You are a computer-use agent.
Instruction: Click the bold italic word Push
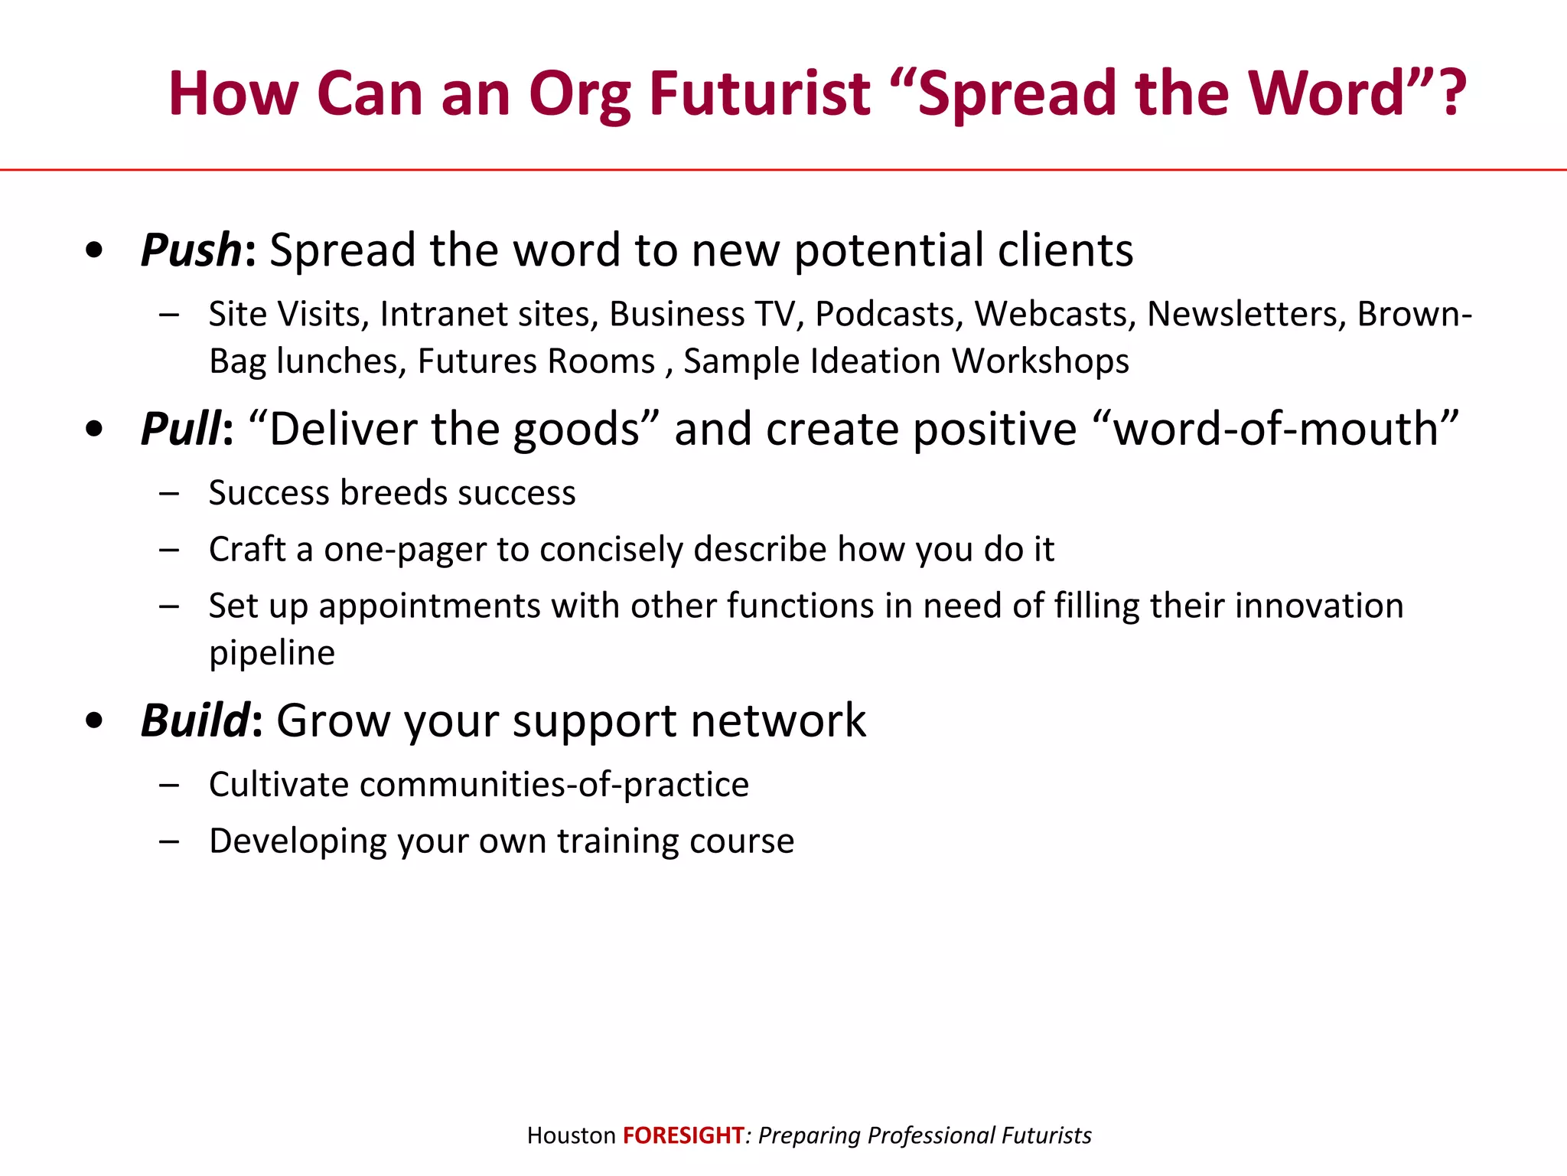pos(191,250)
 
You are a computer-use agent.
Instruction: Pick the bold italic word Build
pos(195,720)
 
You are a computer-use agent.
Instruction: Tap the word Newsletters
pos(1246,315)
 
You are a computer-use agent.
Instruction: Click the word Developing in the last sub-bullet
pos(298,841)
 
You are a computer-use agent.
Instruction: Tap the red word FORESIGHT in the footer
pos(683,1135)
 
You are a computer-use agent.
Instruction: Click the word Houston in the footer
pos(571,1135)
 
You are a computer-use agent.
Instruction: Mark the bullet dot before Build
pos(94,721)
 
